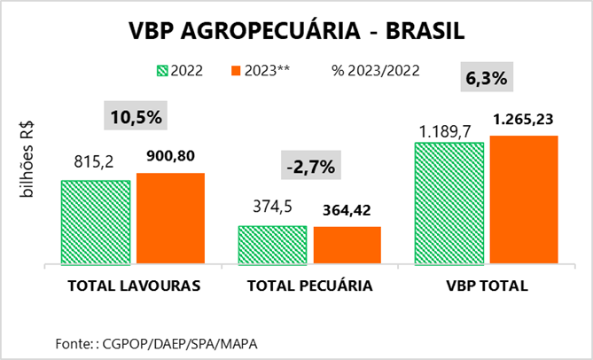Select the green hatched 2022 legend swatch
click(x=160, y=70)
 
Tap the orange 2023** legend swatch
click(x=235, y=70)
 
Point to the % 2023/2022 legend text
click(x=375, y=70)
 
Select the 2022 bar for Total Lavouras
click(x=96, y=222)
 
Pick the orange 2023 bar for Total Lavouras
click(x=170, y=218)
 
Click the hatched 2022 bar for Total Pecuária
click(x=272, y=245)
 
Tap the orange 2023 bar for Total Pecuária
click(x=347, y=246)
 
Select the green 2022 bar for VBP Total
click(x=449, y=202)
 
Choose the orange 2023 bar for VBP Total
click(x=524, y=200)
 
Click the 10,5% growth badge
click(x=135, y=116)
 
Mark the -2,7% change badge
click(x=310, y=165)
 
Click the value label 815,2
click(x=96, y=164)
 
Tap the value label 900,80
click(x=171, y=157)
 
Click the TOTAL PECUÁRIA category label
click(x=309, y=286)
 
